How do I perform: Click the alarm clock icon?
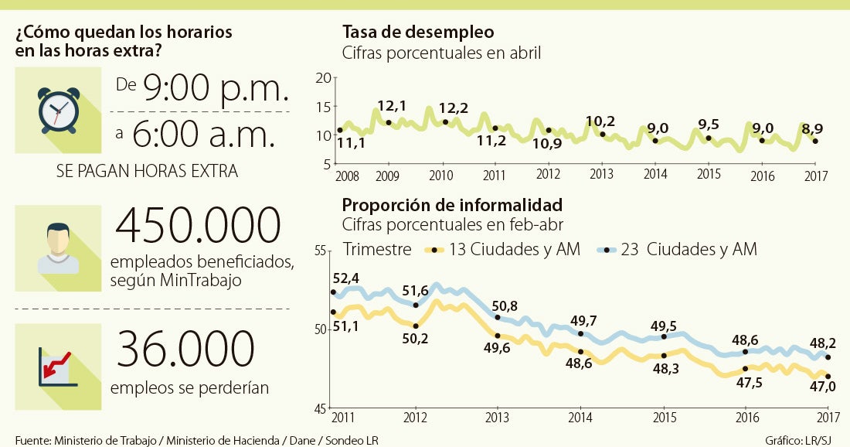[x=57, y=110]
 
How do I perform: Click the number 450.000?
[x=197, y=225]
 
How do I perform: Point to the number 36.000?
[x=185, y=349]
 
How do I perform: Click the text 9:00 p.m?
[x=215, y=90]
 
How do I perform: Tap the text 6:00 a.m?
[x=204, y=135]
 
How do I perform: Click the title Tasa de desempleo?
[x=418, y=32]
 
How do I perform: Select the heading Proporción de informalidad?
[x=452, y=206]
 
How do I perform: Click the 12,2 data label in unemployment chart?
[x=453, y=108]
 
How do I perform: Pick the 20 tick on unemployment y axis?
[x=324, y=77]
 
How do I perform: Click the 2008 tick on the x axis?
[x=348, y=176]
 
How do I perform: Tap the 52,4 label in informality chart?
[x=345, y=278]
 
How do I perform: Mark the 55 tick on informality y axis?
[x=320, y=251]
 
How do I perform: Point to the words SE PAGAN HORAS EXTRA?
[x=147, y=172]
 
